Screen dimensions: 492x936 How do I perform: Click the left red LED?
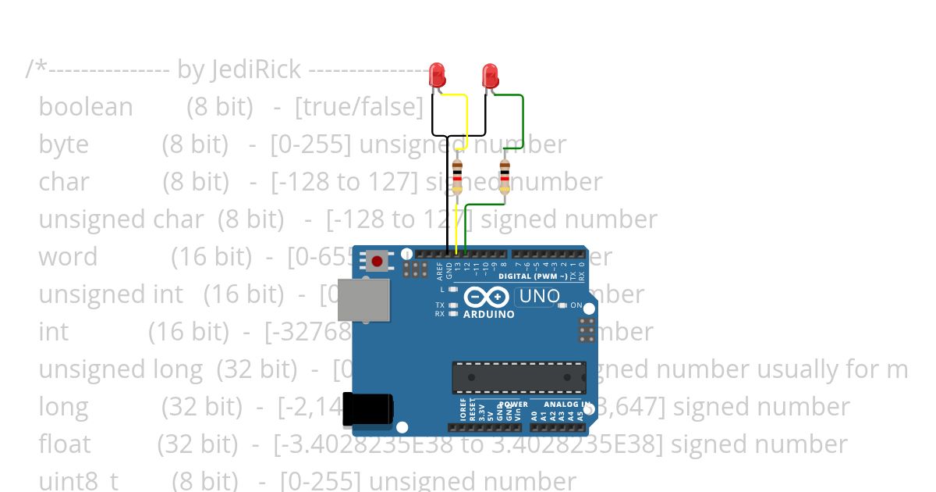(x=438, y=75)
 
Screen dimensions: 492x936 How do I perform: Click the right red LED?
(x=491, y=75)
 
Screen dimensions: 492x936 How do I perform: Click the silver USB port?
(x=364, y=301)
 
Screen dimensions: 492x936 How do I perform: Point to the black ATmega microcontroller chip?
(x=519, y=377)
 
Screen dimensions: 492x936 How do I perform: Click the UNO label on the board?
(x=539, y=296)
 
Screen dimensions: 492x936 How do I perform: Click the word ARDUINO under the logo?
(x=489, y=315)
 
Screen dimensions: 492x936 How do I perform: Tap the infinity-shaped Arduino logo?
(x=487, y=297)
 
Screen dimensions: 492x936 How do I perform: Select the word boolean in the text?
(x=86, y=107)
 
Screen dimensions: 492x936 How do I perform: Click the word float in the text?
(x=65, y=444)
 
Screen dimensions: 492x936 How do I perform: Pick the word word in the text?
(x=68, y=257)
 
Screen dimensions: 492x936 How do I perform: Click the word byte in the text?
(x=63, y=144)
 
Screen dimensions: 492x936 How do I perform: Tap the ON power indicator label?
(x=576, y=305)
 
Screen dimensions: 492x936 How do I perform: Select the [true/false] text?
(x=359, y=107)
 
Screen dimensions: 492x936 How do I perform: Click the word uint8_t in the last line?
(x=78, y=480)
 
